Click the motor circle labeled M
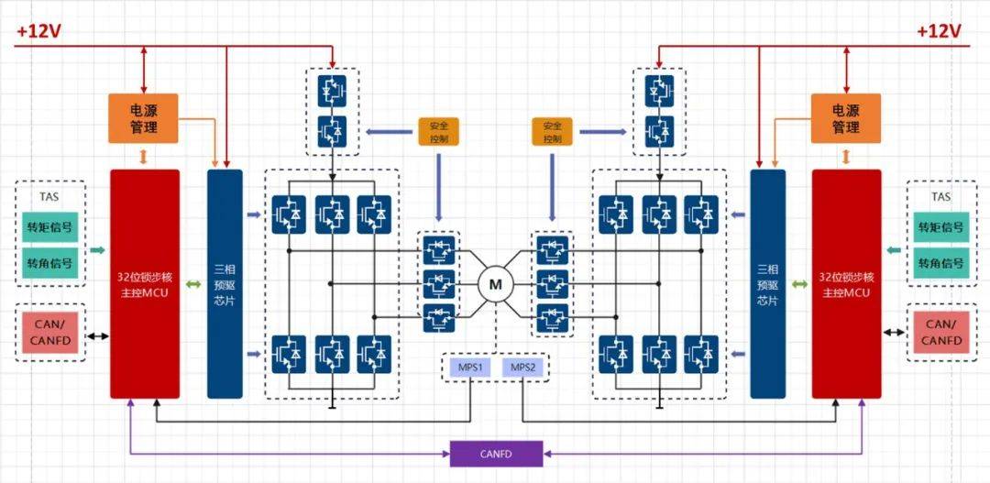click(x=495, y=285)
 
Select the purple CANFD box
click(x=496, y=454)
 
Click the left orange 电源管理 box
click(x=143, y=118)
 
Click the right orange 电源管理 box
click(x=845, y=118)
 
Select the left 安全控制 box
click(x=438, y=131)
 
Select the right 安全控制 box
click(x=552, y=131)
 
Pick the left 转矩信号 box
click(x=49, y=227)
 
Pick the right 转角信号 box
click(x=940, y=263)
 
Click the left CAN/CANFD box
click(x=49, y=332)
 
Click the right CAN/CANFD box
click(x=940, y=332)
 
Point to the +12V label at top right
click(x=939, y=31)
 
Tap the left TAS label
click(x=49, y=196)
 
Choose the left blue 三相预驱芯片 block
click(x=225, y=284)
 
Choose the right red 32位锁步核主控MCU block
click(x=846, y=284)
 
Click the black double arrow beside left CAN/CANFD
click(x=97, y=335)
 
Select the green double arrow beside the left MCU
click(x=193, y=285)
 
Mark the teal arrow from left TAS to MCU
click(x=96, y=250)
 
